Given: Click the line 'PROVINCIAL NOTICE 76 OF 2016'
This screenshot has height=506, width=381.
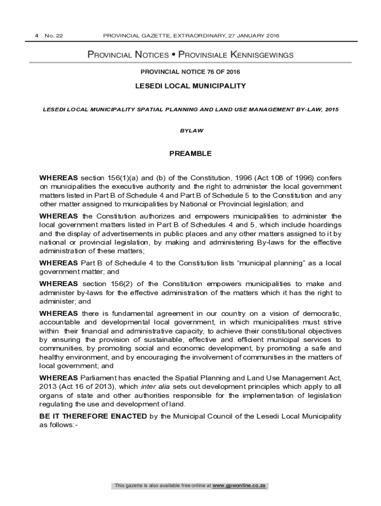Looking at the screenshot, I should click(x=190, y=72).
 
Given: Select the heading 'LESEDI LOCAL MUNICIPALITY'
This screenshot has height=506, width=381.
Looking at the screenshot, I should click(x=190, y=86).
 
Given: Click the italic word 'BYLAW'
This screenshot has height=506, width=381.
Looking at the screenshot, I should click(x=190, y=131).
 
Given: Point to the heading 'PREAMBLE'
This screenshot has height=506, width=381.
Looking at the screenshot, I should click(x=190, y=154).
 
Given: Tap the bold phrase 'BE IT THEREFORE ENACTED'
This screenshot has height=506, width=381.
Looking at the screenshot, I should click(x=93, y=416).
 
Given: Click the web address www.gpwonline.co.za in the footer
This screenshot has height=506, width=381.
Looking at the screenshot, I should click(x=239, y=486).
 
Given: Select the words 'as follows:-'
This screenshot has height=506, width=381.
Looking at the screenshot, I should click(x=58, y=425).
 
